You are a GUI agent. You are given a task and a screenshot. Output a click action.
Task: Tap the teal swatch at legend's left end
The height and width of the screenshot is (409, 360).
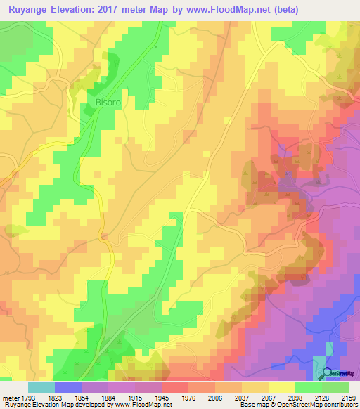tap(41, 387)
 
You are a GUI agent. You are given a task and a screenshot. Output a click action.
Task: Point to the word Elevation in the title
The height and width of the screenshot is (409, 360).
tap(68, 10)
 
